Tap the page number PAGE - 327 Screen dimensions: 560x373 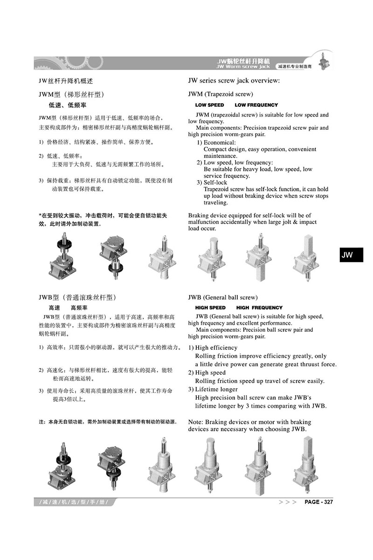tap(318, 502)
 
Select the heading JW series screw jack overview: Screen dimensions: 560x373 tap(234, 81)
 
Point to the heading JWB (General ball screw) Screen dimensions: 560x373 tap(222, 297)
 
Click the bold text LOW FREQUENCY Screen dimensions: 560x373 tap(256, 105)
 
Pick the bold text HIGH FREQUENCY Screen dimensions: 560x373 tap(259, 308)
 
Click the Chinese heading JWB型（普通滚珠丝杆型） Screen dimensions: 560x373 tap(77, 297)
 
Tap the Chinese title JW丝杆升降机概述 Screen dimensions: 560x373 tap(66, 81)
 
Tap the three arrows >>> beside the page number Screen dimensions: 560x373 tap(287, 502)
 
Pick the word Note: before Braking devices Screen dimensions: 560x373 tap(195, 421)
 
